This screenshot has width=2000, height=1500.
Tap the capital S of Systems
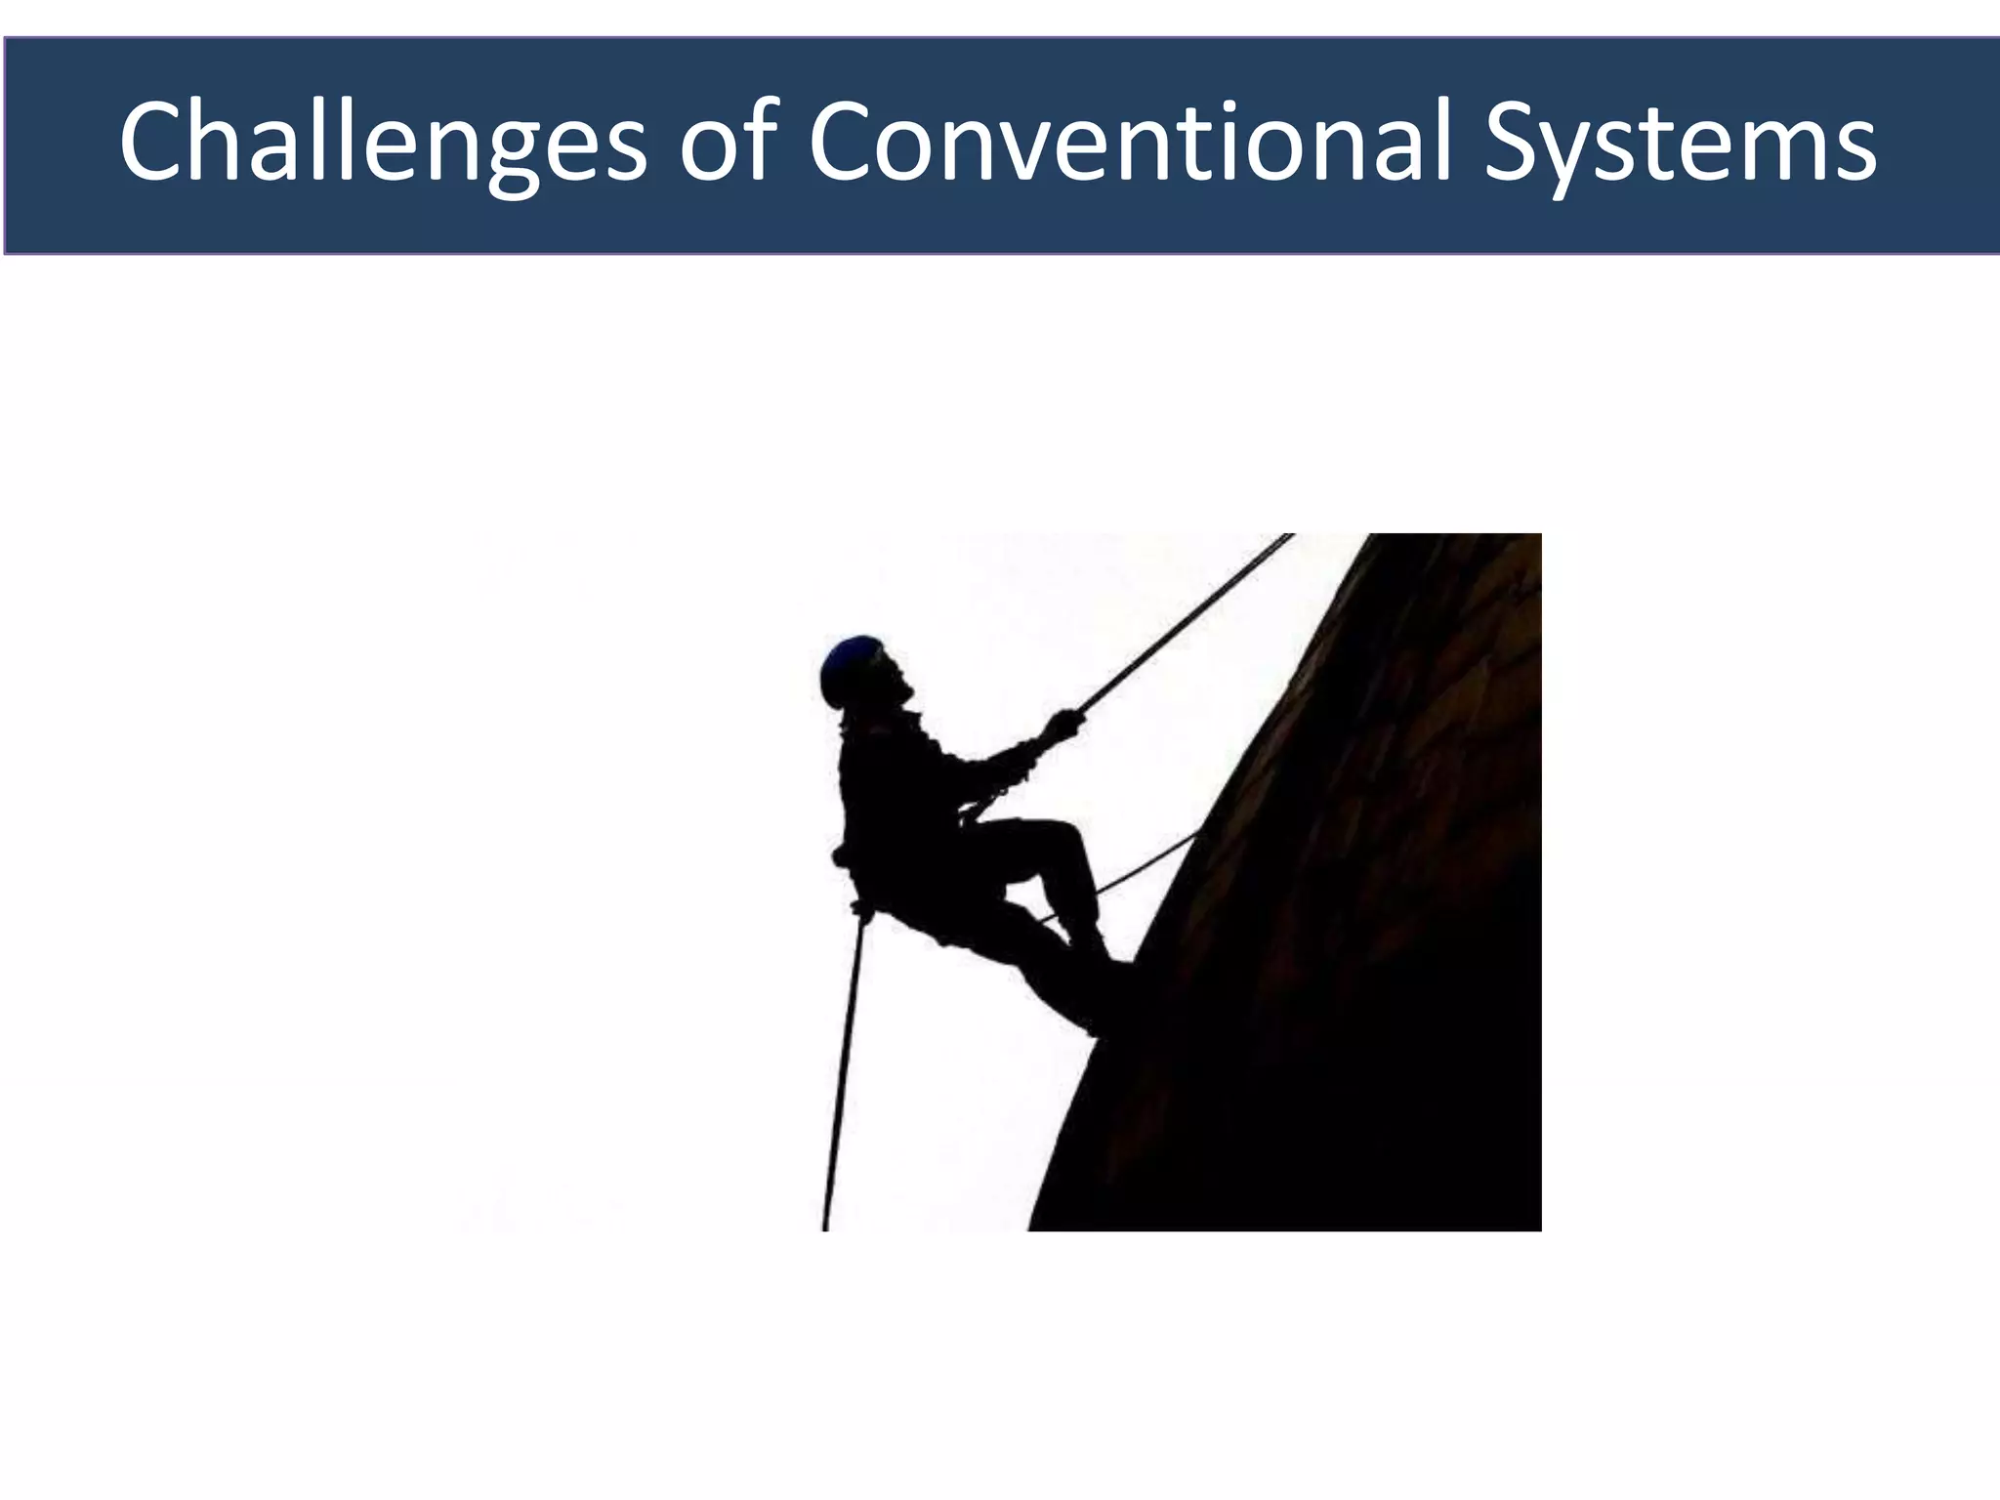pyautogui.click(x=1514, y=143)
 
